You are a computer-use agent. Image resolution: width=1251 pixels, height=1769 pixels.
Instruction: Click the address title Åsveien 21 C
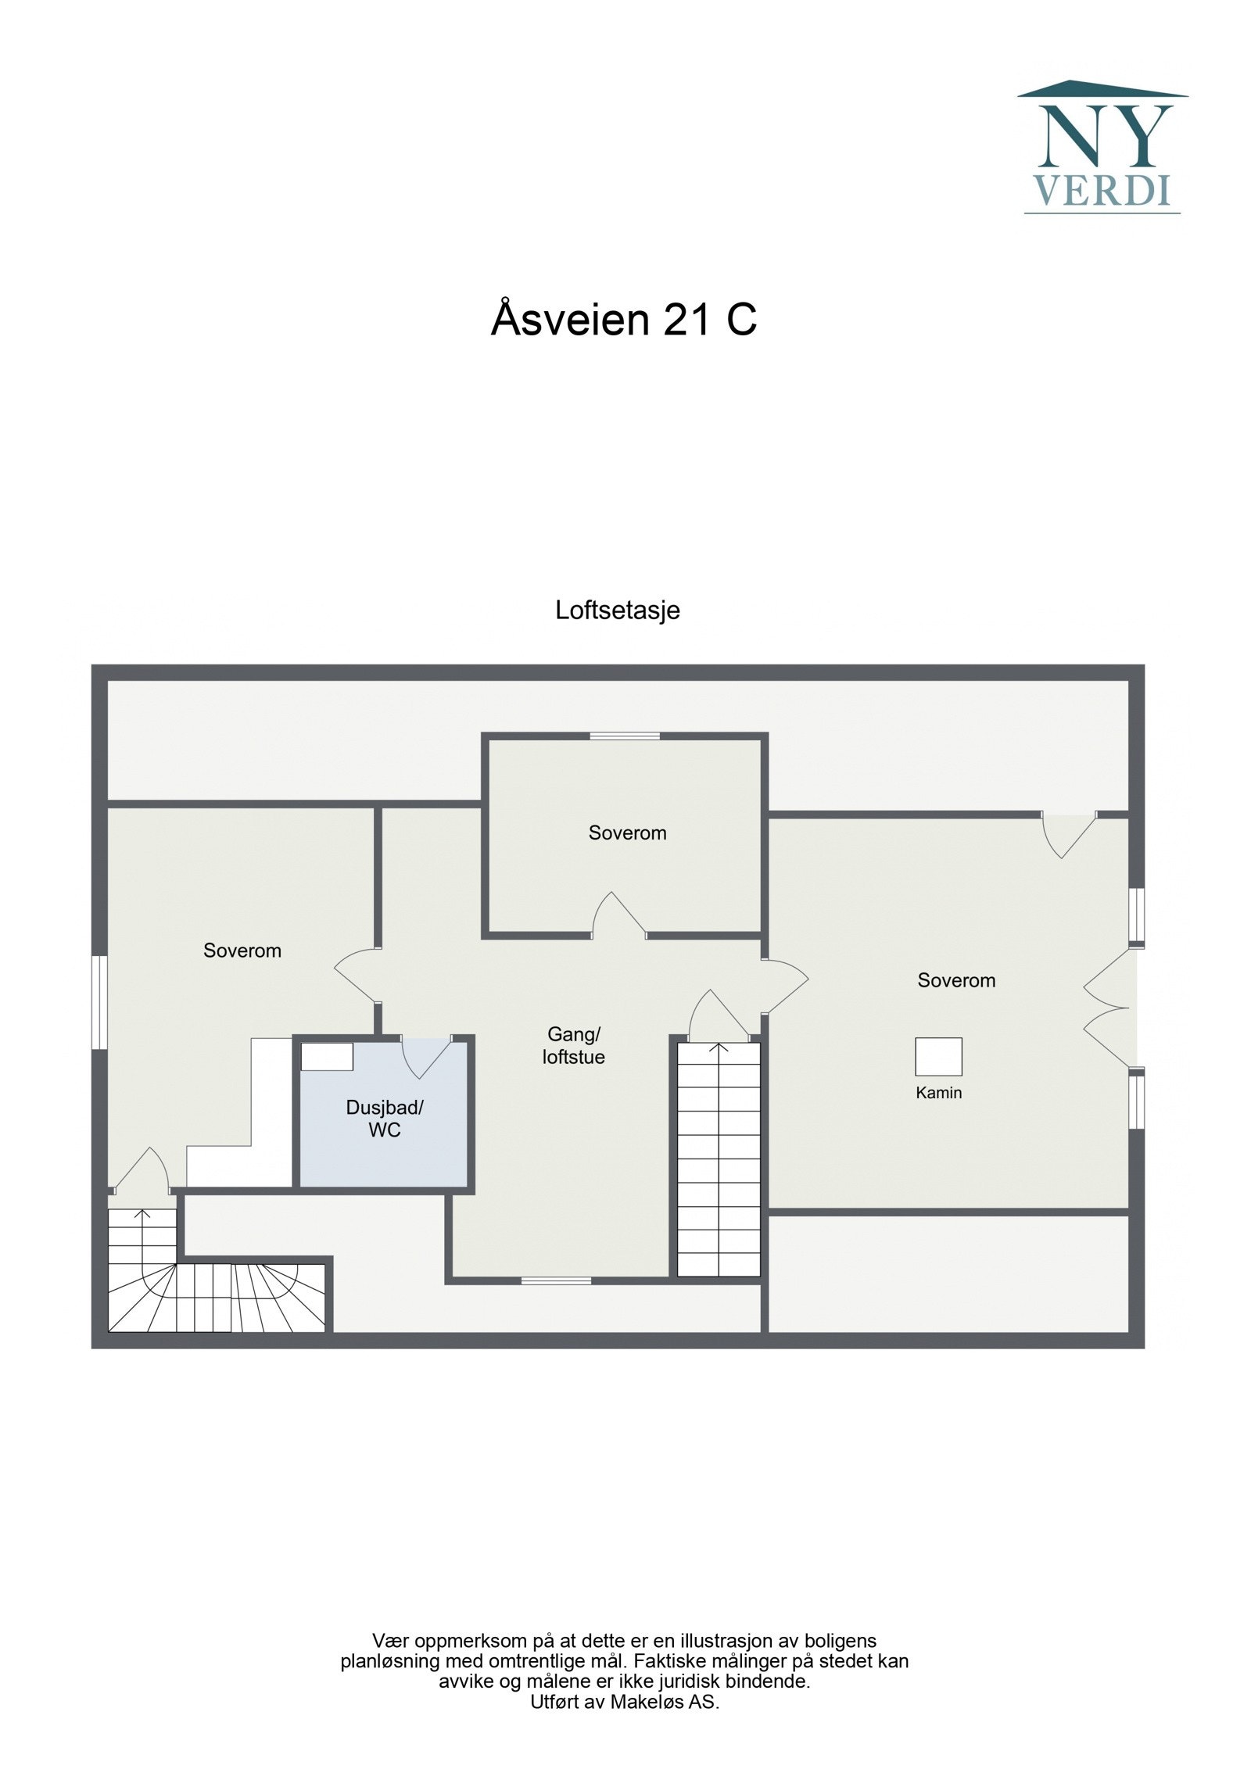tap(623, 320)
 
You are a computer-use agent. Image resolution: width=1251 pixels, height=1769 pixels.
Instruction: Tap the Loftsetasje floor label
tap(617, 610)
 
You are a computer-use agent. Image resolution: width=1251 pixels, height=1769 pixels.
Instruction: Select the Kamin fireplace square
tap(937, 1057)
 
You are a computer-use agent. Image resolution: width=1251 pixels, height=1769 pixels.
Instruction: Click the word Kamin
tap(938, 1093)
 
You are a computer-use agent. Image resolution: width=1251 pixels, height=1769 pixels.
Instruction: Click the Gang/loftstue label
tap(573, 1045)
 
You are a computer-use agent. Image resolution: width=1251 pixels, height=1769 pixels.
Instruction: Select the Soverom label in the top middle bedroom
tap(627, 833)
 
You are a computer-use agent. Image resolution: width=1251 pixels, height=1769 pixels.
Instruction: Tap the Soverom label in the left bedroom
tap(242, 951)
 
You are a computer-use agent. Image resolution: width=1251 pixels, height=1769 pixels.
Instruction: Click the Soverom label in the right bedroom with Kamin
tap(955, 980)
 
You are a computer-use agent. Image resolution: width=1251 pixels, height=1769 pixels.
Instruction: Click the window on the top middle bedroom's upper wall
tap(624, 736)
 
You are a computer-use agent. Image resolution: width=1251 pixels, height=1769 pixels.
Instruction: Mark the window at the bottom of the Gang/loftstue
tap(556, 1280)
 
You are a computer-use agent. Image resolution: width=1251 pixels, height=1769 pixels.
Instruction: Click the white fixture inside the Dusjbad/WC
tap(327, 1057)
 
